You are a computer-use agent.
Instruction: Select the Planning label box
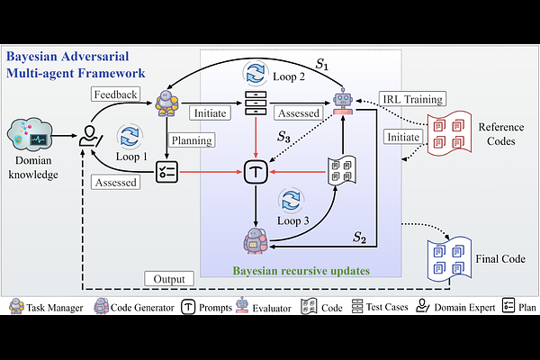pos(192,139)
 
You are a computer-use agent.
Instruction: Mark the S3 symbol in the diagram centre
pos(283,138)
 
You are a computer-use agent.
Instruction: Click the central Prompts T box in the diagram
pos(256,167)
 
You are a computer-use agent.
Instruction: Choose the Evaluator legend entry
pos(251,307)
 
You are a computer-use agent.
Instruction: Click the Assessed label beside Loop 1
pos(114,182)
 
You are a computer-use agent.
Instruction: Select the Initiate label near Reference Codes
pos(401,135)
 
